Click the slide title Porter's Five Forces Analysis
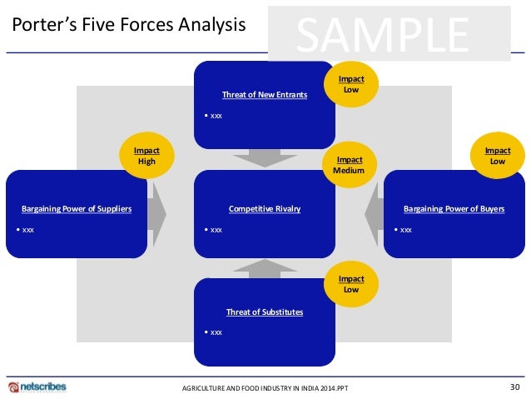tap(128, 25)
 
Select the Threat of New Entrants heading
tap(264, 95)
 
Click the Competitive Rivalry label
tap(264, 209)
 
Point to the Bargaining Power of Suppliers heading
tap(77, 209)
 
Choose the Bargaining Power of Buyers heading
tap(453, 209)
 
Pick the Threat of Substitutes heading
tap(264, 312)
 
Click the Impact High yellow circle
tap(146, 156)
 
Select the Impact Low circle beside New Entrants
tap(350, 83)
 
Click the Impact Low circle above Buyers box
tap(497, 156)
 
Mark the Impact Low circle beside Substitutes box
tap(350, 284)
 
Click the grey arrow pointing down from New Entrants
tap(264, 157)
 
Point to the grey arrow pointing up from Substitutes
tap(264, 267)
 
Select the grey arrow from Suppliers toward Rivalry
tap(159, 212)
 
